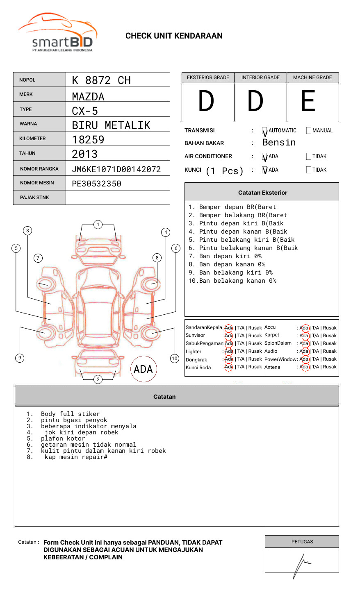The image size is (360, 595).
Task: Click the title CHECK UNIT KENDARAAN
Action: tap(174, 36)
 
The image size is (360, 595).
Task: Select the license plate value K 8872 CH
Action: tap(101, 80)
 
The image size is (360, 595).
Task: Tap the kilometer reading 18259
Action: tap(88, 140)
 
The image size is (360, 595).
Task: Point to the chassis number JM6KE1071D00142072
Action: tap(116, 169)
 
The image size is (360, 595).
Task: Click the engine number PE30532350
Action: tap(96, 184)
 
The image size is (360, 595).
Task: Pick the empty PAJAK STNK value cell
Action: tap(118, 198)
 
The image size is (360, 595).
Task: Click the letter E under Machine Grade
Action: tap(308, 101)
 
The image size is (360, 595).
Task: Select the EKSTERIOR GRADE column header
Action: tap(208, 77)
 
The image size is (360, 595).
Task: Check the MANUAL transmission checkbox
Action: tap(309, 131)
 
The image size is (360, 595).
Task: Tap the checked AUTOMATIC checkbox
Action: tap(265, 131)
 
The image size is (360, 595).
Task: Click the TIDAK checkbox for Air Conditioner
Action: tap(309, 157)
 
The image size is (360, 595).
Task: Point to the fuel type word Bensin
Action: tap(279, 143)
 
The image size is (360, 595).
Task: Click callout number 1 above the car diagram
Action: tap(98, 225)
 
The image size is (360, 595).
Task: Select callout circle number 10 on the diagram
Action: tap(175, 359)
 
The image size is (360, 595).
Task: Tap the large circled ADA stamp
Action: tap(143, 369)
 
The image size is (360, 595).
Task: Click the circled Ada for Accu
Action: tap(304, 328)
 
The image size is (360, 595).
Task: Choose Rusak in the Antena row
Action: tap(330, 367)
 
